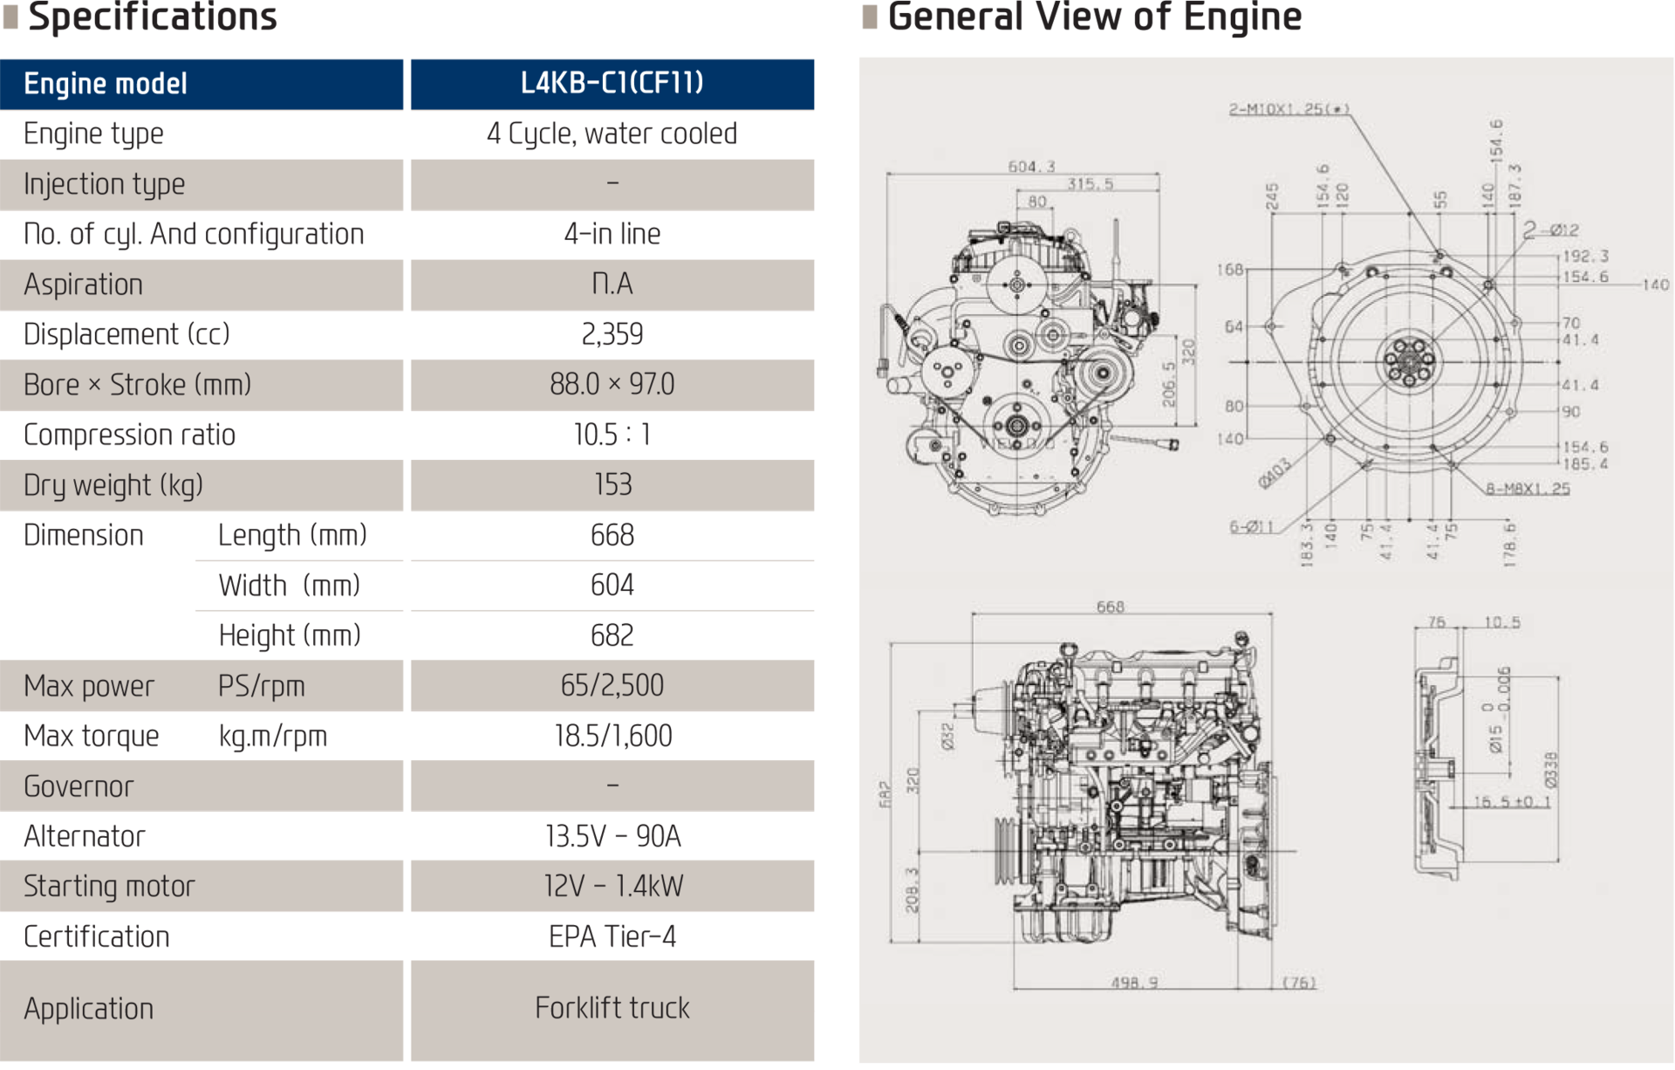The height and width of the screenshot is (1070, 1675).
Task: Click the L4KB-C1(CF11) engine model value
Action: pos(612,83)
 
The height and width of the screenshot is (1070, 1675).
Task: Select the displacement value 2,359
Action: pos(612,334)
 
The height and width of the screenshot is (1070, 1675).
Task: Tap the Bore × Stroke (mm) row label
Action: pos(137,385)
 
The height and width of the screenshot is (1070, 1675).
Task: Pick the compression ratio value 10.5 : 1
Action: pos(612,435)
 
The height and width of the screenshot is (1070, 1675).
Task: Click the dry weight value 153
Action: pos(612,485)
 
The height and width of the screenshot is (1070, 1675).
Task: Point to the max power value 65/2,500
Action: pos(612,686)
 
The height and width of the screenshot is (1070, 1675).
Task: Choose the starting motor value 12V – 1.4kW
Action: pos(612,887)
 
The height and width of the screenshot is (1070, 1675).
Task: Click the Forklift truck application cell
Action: pos(612,1009)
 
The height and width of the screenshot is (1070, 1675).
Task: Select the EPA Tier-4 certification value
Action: pos(612,937)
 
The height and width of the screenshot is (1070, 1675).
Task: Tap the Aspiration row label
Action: pos(83,285)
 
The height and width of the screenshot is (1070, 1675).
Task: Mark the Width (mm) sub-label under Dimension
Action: pos(289,586)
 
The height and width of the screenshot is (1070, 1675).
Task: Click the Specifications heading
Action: pos(152,17)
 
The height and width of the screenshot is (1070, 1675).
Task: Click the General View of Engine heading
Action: pos(1094,17)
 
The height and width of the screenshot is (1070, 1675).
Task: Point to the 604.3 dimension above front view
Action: pos(1031,167)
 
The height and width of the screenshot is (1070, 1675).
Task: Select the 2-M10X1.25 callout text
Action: pos(1289,110)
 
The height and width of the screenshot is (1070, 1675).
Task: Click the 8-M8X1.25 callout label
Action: pos(1528,489)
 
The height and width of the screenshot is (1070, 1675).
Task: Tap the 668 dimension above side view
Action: pos(1110,607)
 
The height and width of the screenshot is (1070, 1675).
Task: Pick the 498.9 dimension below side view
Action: pos(1134,983)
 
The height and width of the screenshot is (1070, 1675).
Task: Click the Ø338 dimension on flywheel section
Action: pos(1549,770)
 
